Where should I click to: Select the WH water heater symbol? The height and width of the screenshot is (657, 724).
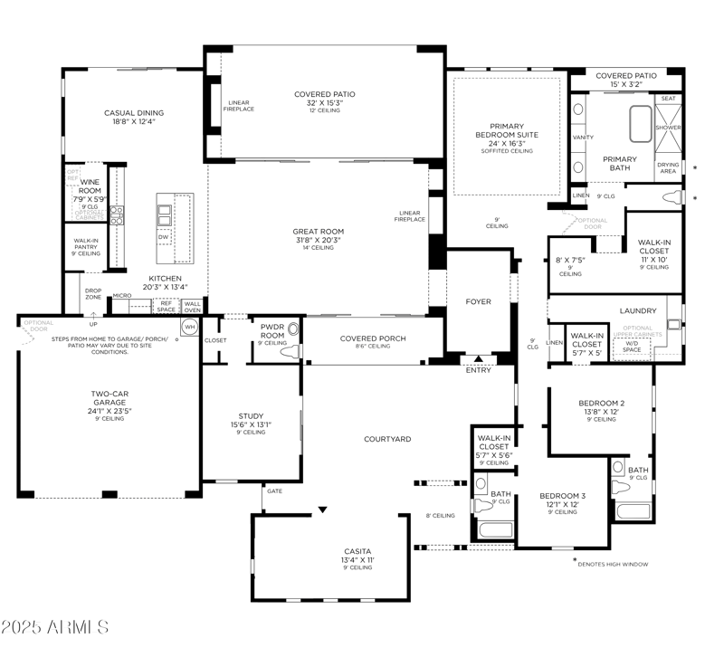point(190,326)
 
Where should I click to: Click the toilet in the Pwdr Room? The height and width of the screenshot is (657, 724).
point(291,354)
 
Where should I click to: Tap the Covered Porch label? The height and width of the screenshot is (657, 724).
point(373,338)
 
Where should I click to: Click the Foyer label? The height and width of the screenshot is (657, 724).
point(478,301)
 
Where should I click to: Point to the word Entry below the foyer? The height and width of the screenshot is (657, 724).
point(478,370)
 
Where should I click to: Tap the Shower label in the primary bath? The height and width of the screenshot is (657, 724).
point(668,128)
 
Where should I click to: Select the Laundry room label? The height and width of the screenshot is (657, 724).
point(638,310)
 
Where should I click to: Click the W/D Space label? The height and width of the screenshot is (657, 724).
point(633,346)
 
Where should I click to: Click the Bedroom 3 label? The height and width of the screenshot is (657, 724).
point(563,495)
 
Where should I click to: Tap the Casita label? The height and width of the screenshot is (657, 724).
point(357,550)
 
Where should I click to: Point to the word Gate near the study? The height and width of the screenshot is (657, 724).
point(273,490)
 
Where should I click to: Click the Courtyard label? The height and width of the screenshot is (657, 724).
point(387,439)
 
